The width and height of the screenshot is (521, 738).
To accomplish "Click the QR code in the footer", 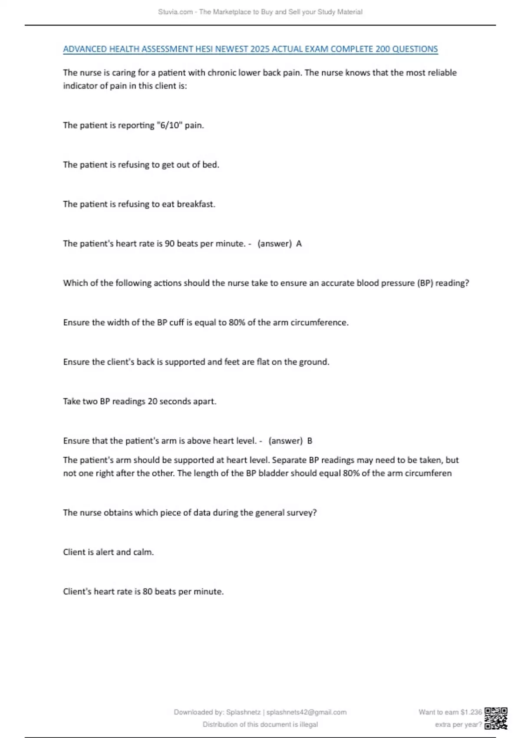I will point(496,718).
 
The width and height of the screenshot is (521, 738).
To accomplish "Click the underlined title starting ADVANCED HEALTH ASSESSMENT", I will point(250,49).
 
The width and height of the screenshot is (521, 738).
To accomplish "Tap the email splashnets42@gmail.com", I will point(306,712).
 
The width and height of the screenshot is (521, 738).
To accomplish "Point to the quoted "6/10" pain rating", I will point(168,125).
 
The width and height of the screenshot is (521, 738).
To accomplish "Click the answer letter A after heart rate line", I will point(299,244).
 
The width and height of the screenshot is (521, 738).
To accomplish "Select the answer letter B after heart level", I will point(310,441).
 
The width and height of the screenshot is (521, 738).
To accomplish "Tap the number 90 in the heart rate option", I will point(170,244).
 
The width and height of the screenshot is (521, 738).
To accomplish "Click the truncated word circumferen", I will point(428,473).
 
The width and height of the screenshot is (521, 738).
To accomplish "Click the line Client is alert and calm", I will point(109,552).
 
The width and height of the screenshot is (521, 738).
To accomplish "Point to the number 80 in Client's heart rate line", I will point(148,592).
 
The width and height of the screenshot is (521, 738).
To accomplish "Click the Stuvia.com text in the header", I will point(175,12).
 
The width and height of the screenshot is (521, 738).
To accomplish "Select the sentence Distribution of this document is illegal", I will point(260,724).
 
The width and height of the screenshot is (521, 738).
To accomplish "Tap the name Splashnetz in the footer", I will point(243,712).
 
